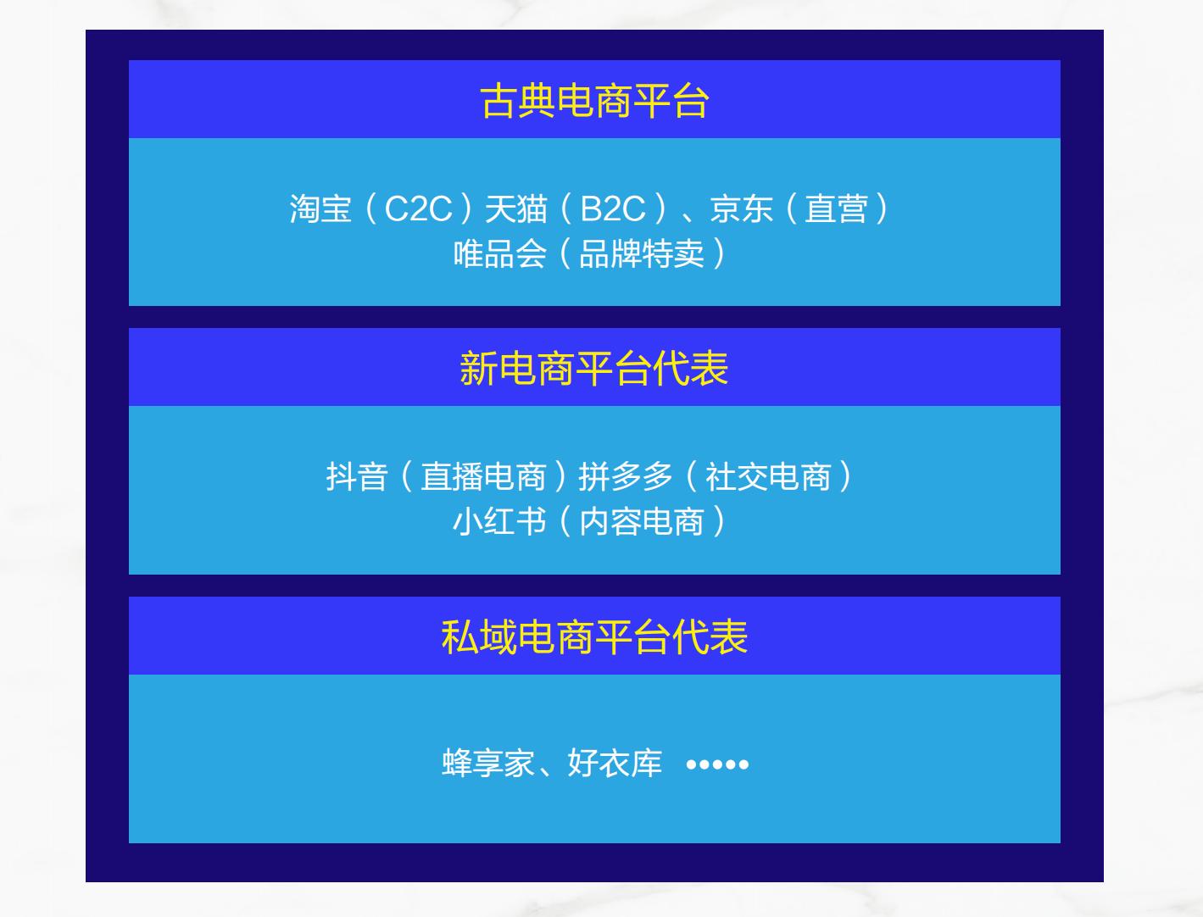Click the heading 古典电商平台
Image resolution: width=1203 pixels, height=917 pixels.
click(594, 101)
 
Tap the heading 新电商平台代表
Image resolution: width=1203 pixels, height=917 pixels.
click(593, 369)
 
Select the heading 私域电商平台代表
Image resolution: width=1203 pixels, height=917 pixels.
click(594, 637)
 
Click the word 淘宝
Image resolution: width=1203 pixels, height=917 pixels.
click(320, 208)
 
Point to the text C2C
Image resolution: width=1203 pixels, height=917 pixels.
click(418, 208)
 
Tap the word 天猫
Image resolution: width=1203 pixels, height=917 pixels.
click(515, 208)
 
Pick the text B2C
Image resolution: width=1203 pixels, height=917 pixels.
click(613, 208)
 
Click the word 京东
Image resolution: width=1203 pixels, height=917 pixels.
click(741, 208)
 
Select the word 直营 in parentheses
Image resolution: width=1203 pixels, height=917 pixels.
click(836, 208)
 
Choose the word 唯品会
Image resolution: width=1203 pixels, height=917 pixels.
click(499, 253)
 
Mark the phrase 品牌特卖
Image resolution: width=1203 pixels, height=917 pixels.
click(641, 253)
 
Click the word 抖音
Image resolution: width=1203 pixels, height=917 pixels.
click(357, 476)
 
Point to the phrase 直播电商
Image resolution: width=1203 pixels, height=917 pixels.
click(483, 476)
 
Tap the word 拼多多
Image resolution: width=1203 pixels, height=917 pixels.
click(626, 476)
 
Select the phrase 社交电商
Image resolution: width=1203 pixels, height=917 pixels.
click(768, 476)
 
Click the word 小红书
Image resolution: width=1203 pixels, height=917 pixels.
click(499, 521)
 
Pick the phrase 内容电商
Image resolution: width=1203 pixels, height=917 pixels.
click(641, 521)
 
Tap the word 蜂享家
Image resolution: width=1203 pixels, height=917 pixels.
click(488, 764)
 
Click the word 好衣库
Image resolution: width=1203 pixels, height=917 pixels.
click(615, 764)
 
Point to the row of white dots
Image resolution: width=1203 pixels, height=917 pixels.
click(717, 764)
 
